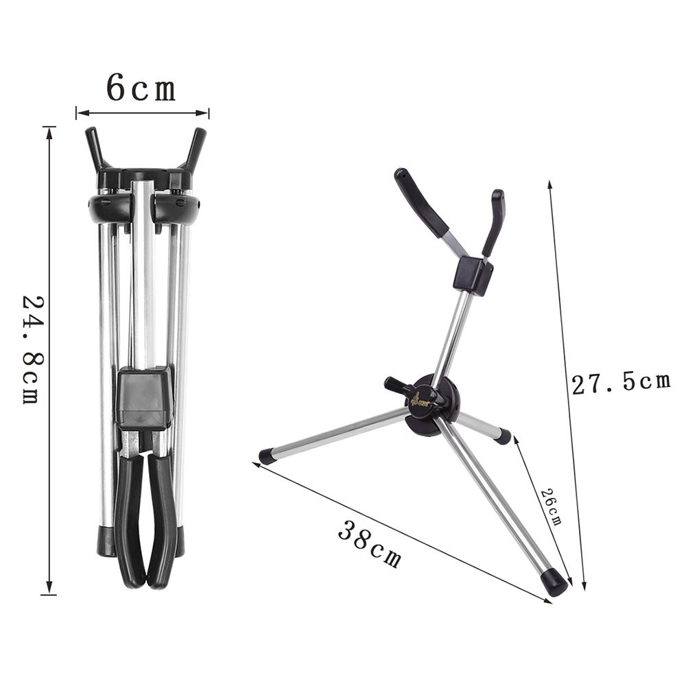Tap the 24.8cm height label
point(32,349)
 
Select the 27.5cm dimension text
point(621,383)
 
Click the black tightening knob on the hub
point(397,386)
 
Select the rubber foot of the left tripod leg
point(267,456)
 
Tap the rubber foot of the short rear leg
point(504,436)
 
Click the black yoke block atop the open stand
point(473,275)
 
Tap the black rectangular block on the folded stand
point(143,398)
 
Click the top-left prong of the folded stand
point(94,147)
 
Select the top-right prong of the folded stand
point(196,147)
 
